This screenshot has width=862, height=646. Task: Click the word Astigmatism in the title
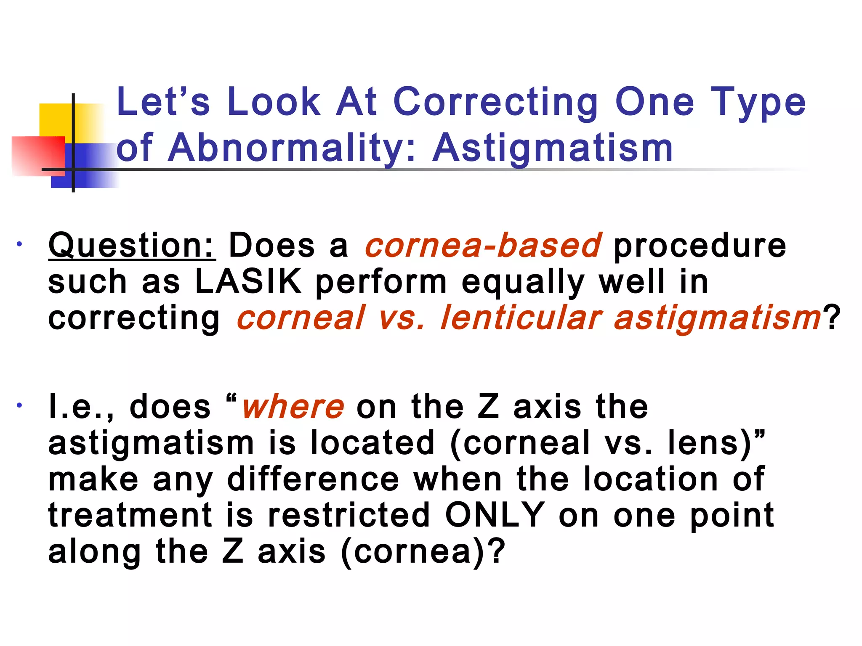(552, 148)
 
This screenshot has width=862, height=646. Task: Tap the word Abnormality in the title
(286, 148)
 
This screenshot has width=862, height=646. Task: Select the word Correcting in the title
(495, 102)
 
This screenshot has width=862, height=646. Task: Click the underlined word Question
(132, 246)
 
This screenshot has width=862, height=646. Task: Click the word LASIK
(248, 282)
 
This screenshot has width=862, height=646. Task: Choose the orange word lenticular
(521, 318)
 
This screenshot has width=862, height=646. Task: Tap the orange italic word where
(293, 407)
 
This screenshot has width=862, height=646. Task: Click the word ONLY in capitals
(495, 515)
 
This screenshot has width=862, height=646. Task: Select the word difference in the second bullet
(313, 479)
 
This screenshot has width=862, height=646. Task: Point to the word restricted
(349, 515)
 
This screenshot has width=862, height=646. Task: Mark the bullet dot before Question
(19, 244)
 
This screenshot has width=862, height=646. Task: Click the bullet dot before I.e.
(19, 406)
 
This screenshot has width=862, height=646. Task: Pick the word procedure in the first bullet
(700, 246)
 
